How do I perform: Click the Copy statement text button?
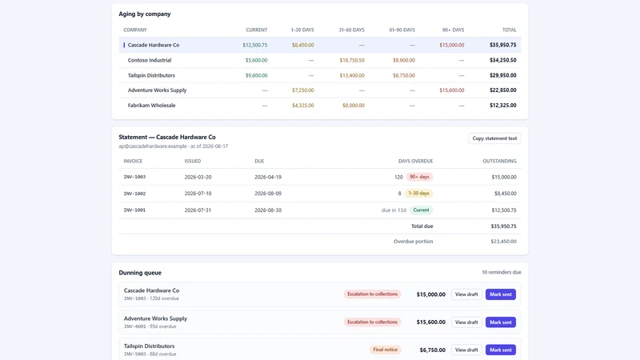coord(494,138)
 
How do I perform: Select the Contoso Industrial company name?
coord(150,60)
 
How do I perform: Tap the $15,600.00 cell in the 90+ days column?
coord(451,90)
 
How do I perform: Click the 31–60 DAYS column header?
coord(351,30)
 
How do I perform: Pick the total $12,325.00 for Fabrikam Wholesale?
coord(503,106)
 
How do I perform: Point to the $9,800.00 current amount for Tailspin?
coord(256,75)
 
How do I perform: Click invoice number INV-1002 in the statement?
coord(134,194)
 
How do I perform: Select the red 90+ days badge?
coord(419,177)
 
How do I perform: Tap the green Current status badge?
coord(421,210)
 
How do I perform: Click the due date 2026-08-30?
coord(268,210)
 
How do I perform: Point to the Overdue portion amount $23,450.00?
coord(503,242)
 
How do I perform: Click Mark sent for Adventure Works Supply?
coord(501,322)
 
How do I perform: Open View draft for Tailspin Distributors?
coord(466,350)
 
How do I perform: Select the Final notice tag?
coord(386,350)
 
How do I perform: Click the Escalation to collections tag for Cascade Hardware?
coord(372,294)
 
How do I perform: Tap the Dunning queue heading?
coord(140,273)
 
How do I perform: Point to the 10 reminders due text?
coord(502,272)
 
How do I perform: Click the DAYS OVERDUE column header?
coord(415,162)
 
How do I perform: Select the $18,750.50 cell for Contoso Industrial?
coord(352,60)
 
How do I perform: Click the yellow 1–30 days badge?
coord(418,194)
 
